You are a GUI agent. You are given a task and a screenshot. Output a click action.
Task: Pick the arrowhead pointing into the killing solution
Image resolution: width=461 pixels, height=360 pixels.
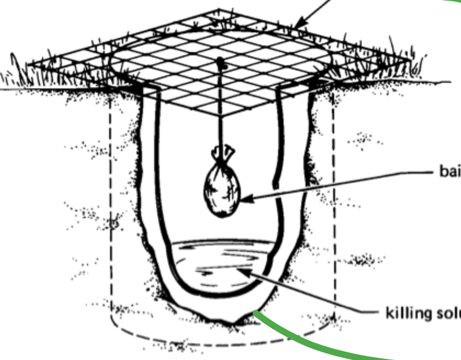243,269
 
